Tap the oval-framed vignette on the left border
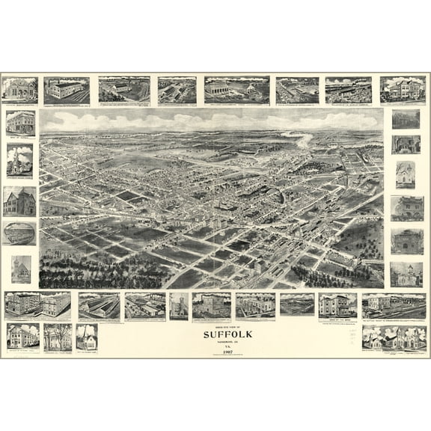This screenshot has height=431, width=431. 19,233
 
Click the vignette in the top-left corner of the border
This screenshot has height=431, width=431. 19,90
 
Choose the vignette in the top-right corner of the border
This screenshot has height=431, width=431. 403,90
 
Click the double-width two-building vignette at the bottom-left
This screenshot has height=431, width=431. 38,305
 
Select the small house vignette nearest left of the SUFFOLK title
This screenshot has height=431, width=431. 87,337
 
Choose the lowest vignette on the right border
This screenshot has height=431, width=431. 406,274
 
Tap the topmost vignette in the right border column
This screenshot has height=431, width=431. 406,120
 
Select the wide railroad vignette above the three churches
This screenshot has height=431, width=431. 394,305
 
